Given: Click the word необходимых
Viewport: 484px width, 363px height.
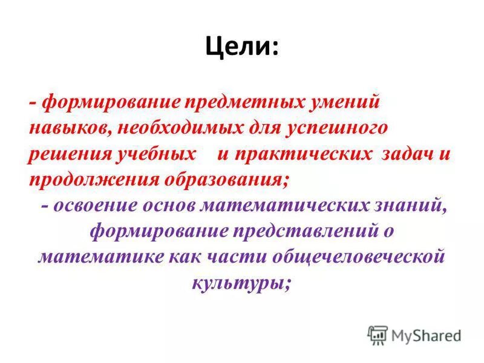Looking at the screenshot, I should coord(186,127).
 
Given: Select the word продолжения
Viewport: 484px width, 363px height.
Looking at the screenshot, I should coord(90,180).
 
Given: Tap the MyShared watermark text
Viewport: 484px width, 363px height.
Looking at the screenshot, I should coord(426,335).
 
